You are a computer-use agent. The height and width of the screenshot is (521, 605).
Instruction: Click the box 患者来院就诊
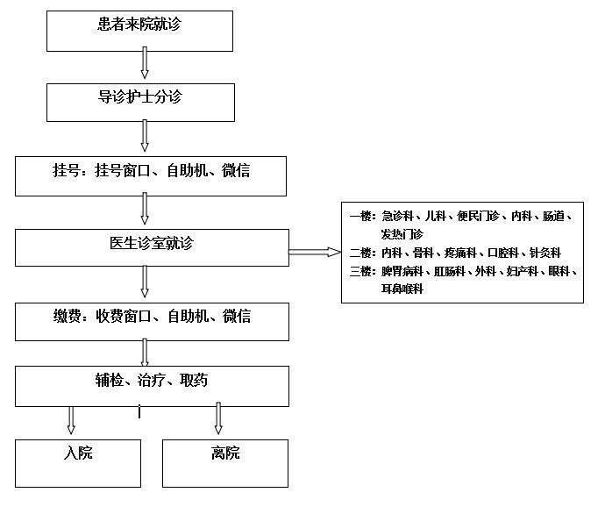pyautogui.click(x=139, y=31)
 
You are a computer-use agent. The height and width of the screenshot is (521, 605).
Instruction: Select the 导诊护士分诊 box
pyautogui.click(x=140, y=102)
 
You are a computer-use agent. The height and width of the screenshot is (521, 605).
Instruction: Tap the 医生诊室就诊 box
pyautogui.click(x=152, y=247)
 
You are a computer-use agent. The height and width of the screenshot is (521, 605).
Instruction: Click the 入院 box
pyautogui.click(x=78, y=463)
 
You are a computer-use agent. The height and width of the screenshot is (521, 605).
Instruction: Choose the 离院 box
pyautogui.click(x=225, y=463)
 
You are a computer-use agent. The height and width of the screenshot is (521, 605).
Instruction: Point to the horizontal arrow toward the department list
pyautogui.click(x=314, y=253)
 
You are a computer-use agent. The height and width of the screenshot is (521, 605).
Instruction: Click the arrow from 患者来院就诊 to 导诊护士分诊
pyautogui.click(x=145, y=64)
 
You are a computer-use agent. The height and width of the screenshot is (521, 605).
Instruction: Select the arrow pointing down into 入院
pyautogui.click(x=72, y=420)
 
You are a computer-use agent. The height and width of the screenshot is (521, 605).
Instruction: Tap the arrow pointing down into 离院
pyautogui.click(x=218, y=420)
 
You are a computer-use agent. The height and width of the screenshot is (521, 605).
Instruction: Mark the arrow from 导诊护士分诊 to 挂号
pyautogui.click(x=145, y=136)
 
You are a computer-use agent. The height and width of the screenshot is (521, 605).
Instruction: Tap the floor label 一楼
pyautogui.click(x=361, y=216)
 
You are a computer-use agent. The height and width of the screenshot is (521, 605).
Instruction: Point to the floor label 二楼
pyautogui.click(x=361, y=253)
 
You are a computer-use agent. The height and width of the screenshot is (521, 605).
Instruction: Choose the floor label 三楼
pyautogui.click(x=361, y=271)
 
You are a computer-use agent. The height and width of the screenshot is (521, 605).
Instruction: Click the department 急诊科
pyautogui.click(x=398, y=216)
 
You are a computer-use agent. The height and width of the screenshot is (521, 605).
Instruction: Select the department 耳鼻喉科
pyautogui.click(x=402, y=289)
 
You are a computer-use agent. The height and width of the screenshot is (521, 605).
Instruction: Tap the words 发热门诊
pyautogui.click(x=402, y=234)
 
